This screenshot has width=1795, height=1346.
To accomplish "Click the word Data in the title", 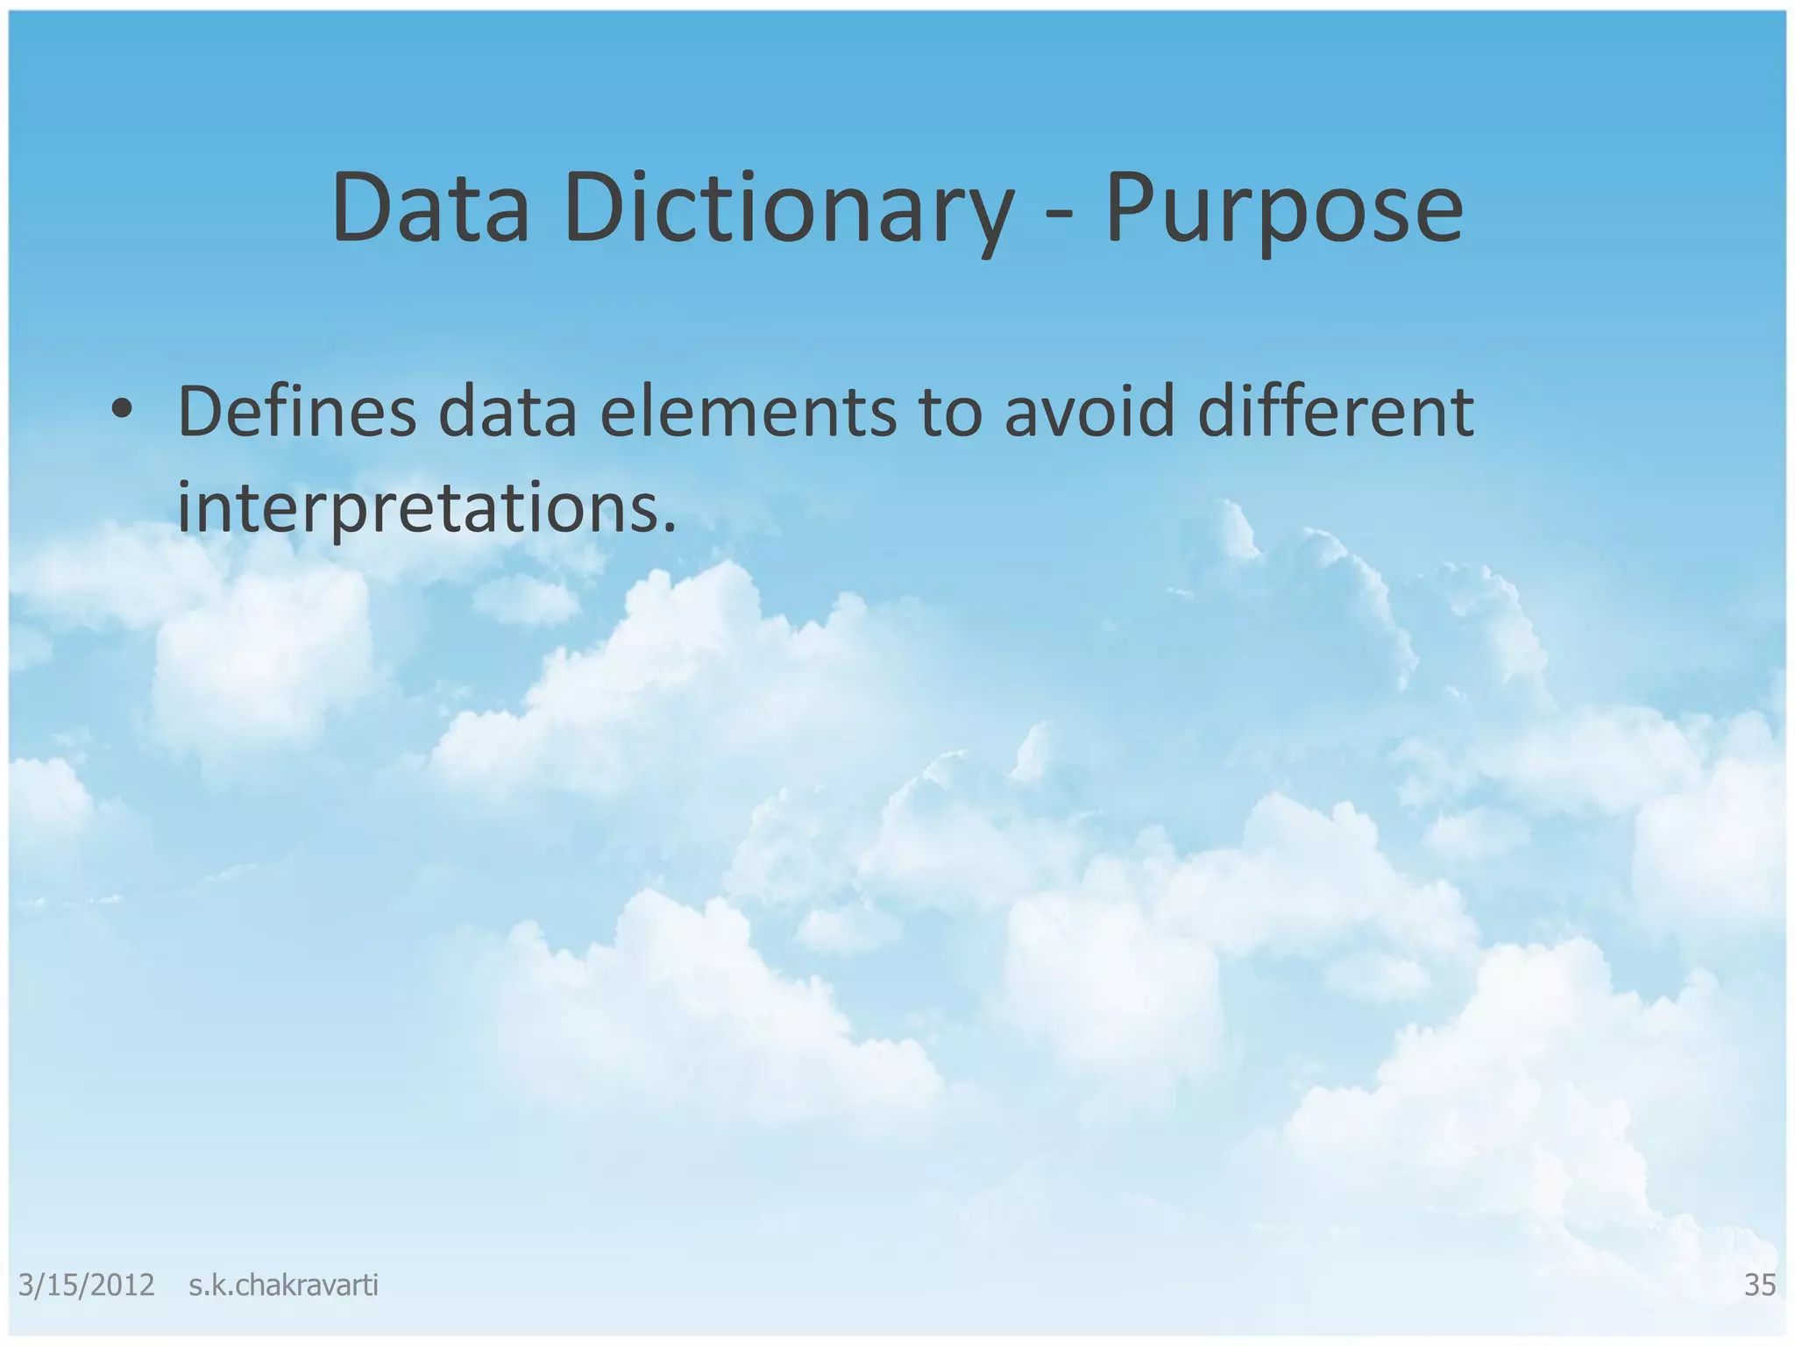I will [430, 209].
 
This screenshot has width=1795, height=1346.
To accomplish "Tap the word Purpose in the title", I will [1284, 209].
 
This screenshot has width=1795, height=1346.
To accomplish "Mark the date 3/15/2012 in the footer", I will [86, 1285].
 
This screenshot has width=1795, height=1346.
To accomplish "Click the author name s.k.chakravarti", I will [283, 1285].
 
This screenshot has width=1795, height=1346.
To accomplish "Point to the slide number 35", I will [1760, 1285].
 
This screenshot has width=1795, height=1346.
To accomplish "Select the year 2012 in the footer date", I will [122, 1285].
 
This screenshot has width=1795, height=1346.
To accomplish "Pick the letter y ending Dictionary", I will [987, 219].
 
